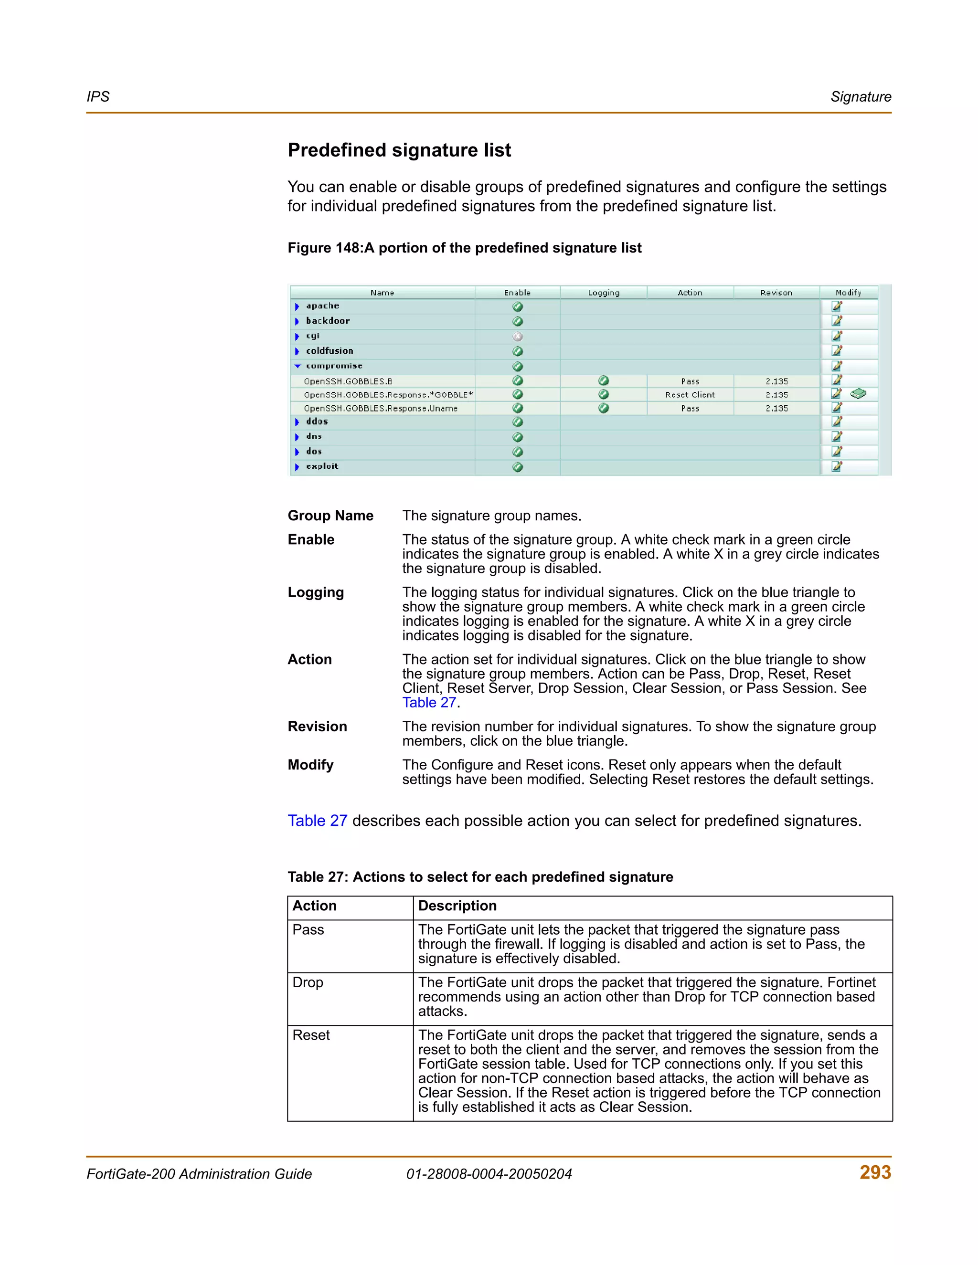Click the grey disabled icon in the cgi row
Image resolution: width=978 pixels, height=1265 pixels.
click(517, 337)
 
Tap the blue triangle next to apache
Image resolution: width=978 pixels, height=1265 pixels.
click(297, 306)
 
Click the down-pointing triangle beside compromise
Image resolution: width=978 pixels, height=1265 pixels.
click(297, 366)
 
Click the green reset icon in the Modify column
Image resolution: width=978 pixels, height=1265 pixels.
click(858, 394)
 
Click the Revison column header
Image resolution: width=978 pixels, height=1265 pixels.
click(776, 293)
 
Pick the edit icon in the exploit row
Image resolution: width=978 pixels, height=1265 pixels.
click(837, 466)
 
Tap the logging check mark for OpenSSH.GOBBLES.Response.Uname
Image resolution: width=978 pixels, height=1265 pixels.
click(603, 408)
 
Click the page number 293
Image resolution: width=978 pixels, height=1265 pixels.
click(875, 1172)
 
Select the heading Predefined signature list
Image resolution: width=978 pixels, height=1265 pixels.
click(399, 150)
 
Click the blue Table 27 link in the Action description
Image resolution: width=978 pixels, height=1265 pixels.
click(429, 703)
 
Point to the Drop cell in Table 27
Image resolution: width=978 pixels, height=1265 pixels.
click(308, 982)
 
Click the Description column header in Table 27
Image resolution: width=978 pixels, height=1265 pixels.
click(457, 906)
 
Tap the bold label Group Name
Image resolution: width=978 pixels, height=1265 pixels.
click(330, 516)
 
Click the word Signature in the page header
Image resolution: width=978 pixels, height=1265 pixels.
click(861, 97)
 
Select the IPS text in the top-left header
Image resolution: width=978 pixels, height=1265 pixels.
click(98, 97)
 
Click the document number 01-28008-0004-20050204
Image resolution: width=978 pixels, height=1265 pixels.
click(489, 1174)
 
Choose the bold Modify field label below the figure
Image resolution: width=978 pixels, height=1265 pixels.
click(310, 765)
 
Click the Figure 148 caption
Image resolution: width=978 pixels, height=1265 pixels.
click(464, 248)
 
